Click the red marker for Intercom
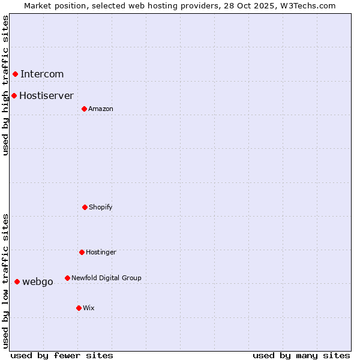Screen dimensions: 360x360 (15, 74)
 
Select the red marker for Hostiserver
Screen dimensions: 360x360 (14, 95)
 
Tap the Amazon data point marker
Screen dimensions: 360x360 (84, 109)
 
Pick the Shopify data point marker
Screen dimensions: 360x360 (85, 207)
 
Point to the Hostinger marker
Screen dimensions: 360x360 (82, 252)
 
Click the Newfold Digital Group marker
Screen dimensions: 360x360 (67, 278)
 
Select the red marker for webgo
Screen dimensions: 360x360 (17, 281)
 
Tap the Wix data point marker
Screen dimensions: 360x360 (79, 308)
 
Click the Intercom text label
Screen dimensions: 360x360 (42, 74)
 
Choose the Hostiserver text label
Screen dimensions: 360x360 (46, 95)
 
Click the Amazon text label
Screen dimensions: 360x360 (101, 109)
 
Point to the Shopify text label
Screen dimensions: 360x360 (101, 207)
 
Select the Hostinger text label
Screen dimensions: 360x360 (101, 252)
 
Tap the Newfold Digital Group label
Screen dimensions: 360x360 (106, 278)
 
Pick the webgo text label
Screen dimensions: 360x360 (38, 281)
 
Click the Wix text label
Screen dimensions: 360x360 (89, 308)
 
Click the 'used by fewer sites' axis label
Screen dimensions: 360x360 (62, 355)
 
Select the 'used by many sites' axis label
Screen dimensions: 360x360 (301, 355)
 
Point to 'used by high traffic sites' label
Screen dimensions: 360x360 (5, 85)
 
